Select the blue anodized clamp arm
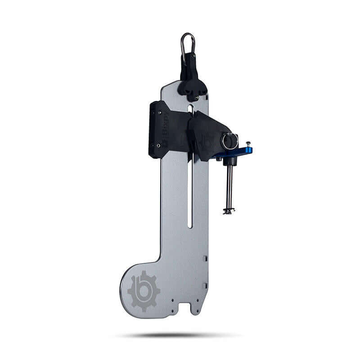(238, 152)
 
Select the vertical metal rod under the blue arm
(228, 184)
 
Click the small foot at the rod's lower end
(228, 210)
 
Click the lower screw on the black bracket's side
(158, 145)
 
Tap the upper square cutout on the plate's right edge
(205, 259)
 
